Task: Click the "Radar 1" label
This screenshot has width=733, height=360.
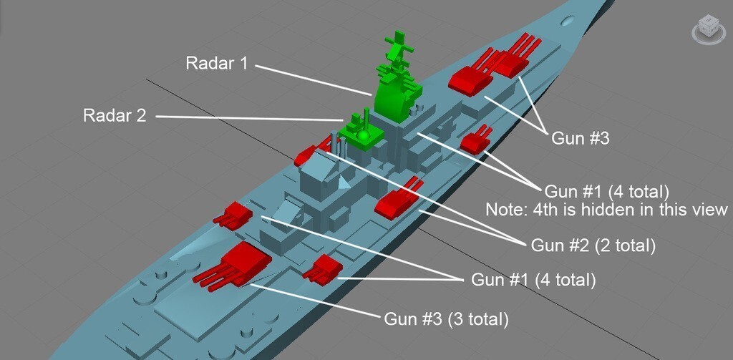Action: click(x=217, y=63)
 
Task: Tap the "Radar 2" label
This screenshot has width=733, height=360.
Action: click(x=115, y=115)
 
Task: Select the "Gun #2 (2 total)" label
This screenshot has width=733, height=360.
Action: click(x=593, y=245)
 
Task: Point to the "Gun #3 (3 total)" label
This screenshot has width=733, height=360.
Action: click(x=446, y=319)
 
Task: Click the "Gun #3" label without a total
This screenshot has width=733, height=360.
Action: click(x=581, y=138)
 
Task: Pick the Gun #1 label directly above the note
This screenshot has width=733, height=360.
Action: click(x=607, y=191)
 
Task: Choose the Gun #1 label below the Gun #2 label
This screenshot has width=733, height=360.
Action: click(x=533, y=280)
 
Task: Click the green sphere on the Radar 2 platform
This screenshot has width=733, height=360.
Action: click(x=363, y=136)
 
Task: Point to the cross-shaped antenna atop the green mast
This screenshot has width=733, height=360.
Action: click(x=398, y=47)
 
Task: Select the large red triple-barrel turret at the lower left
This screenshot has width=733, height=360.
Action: click(x=233, y=266)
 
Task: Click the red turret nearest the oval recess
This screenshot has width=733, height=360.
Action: click(x=514, y=55)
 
